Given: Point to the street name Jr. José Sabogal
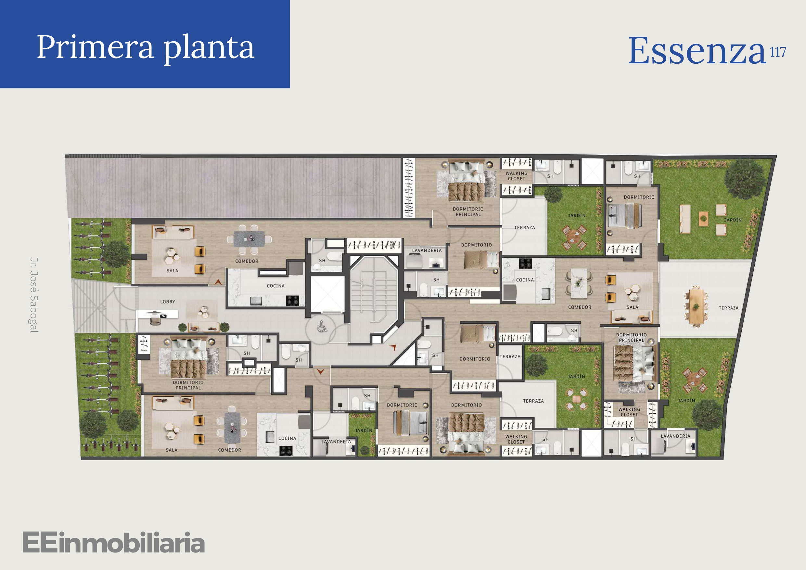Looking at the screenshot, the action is pyautogui.click(x=34, y=295).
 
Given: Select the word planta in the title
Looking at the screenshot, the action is pyautogui.click(x=209, y=49).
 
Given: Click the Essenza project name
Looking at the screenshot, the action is pyautogui.click(x=697, y=51).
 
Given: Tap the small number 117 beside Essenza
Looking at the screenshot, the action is pyautogui.click(x=778, y=52).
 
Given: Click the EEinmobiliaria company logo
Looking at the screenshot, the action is pyautogui.click(x=113, y=543).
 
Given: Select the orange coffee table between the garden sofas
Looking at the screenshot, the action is pyautogui.click(x=703, y=218).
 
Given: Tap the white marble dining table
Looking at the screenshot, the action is pyautogui.click(x=579, y=283).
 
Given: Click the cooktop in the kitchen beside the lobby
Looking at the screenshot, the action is pyautogui.click(x=292, y=300).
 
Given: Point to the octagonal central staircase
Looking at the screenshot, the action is pyautogui.click(x=374, y=291).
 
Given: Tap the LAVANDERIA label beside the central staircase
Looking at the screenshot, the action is pyautogui.click(x=427, y=251).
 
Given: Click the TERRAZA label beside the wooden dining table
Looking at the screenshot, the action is pyautogui.click(x=728, y=308).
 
